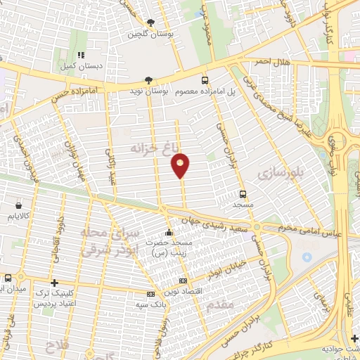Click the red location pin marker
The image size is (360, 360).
point(181,165)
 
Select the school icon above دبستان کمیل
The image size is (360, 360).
point(81,55)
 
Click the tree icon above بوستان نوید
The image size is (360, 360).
point(147,80)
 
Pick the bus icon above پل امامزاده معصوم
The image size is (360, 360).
point(205,80)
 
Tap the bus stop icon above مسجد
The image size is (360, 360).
point(243,193)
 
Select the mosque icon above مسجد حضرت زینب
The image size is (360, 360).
point(167,233)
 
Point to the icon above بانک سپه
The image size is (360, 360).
point(150,295)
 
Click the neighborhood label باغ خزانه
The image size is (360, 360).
point(151,148)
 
